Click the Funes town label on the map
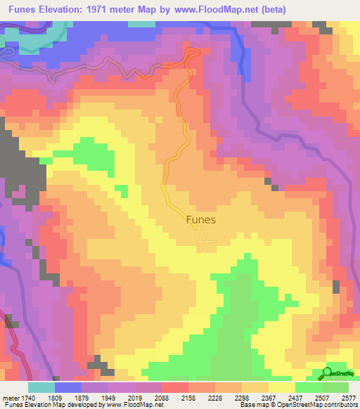(x=201, y=219)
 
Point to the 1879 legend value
(x=81, y=397)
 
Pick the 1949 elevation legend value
(x=108, y=397)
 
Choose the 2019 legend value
(x=134, y=397)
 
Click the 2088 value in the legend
(x=161, y=397)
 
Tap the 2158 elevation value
(x=188, y=397)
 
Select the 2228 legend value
(x=214, y=397)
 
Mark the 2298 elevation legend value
(x=241, y=397)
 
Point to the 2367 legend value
(x=268, y=397)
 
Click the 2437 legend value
(x=295, y=397)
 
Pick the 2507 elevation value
(x=321, y=397)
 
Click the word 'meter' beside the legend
(x=10, y=397)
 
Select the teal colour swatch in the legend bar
(x=41, y=387)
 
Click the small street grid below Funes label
(x=206, y=242)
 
